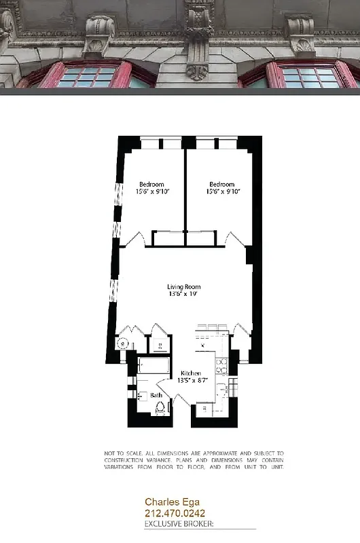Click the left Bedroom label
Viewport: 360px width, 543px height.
(x=151, y=185)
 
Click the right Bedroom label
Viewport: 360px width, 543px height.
(x=221, y=185)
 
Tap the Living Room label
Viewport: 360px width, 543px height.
(x=184, y=287)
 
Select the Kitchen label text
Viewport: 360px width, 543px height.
(x=190, y=374)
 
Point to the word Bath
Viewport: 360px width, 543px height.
(x=156, y=394)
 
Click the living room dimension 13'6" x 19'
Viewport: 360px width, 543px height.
(x=184, y=295)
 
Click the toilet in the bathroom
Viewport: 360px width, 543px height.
(x=161, y=407)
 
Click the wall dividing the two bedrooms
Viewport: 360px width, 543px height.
(x=185, y=190)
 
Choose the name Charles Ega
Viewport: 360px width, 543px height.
(x=168, y=502)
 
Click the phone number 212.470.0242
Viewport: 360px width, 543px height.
(x=175, y=514)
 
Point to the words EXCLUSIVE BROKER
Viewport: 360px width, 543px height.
(x=179, y=524)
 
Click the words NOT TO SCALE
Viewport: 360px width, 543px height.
(x=119, y=453)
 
